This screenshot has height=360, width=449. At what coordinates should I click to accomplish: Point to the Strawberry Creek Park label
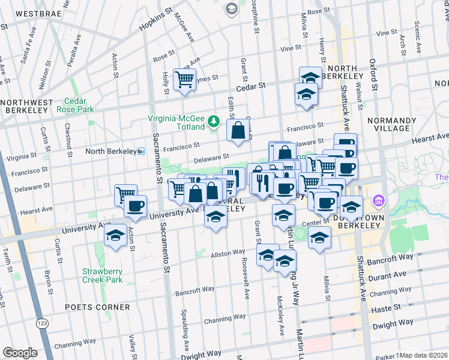(x=103, y=275)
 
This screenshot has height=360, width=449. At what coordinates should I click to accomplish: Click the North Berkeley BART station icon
(x=141, y=151)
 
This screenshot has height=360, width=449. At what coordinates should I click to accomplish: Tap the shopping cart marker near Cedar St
(x=184, y=79)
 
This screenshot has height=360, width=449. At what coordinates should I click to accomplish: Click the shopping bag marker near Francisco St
(x=238, y=130)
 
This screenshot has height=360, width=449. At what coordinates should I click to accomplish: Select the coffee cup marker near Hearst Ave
(x=136, y=206)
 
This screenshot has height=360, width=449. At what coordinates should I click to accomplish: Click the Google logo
(x=20, y=353)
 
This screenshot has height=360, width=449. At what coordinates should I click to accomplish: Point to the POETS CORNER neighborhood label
(x=98, y=307)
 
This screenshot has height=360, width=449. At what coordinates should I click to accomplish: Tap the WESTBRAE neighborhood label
(x=29, y=12)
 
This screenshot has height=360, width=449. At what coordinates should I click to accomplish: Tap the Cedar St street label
(x=254, y=86)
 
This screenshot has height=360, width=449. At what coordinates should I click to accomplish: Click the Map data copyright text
(x=424, y=355)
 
